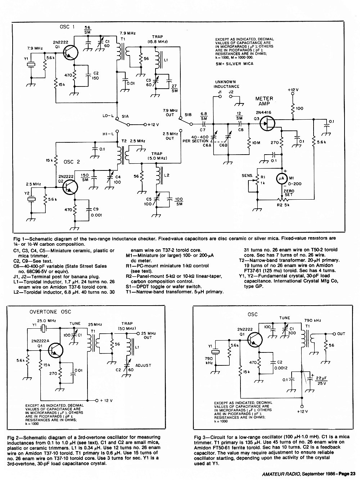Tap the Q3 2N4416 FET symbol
[267, 123]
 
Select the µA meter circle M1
[282, 178]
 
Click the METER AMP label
[264, 101]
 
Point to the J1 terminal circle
[220, 97]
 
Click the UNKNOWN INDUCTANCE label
[226, 84]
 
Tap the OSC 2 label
[72, 162]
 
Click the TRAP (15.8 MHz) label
[158, 39]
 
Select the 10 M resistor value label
[256, 143]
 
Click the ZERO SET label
[289, 193]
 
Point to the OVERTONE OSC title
[50, 312]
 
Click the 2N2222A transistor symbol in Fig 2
[55, 351]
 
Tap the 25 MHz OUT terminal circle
[138, 334]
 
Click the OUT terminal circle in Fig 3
[334, 334]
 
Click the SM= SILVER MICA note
[234, 64]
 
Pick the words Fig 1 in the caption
[19, 239]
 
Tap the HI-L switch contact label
[108, 134]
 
